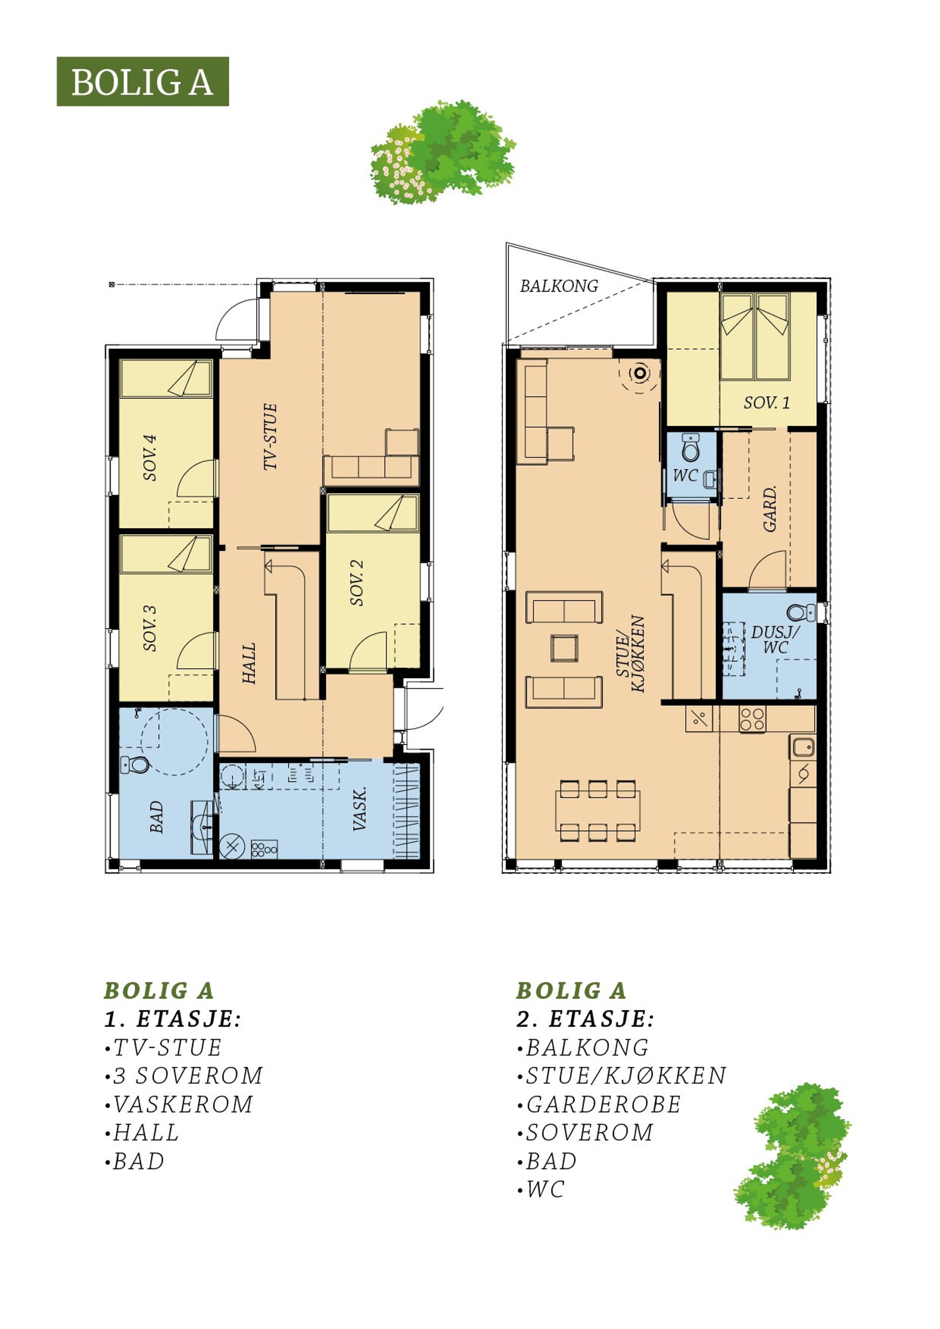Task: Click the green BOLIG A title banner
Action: (x=142, y=82)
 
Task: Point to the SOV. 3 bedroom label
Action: (x=150, y=628)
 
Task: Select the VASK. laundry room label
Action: (x=360, y=809)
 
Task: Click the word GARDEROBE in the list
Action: (x=603, y=1104)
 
